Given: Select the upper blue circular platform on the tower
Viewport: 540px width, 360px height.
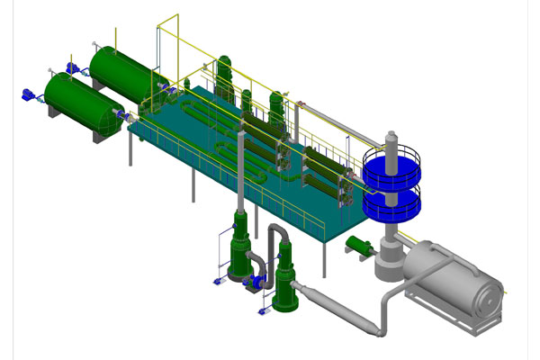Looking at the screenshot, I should tap(391, 167).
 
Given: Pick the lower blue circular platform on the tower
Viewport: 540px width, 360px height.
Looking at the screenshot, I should tap(391, 205).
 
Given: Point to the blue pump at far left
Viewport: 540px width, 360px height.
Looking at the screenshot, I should tap(28, 93).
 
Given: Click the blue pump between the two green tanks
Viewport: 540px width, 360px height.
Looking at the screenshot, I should tap(73, 67).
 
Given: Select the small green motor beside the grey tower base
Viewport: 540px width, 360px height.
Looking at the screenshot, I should tap(360, 245).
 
